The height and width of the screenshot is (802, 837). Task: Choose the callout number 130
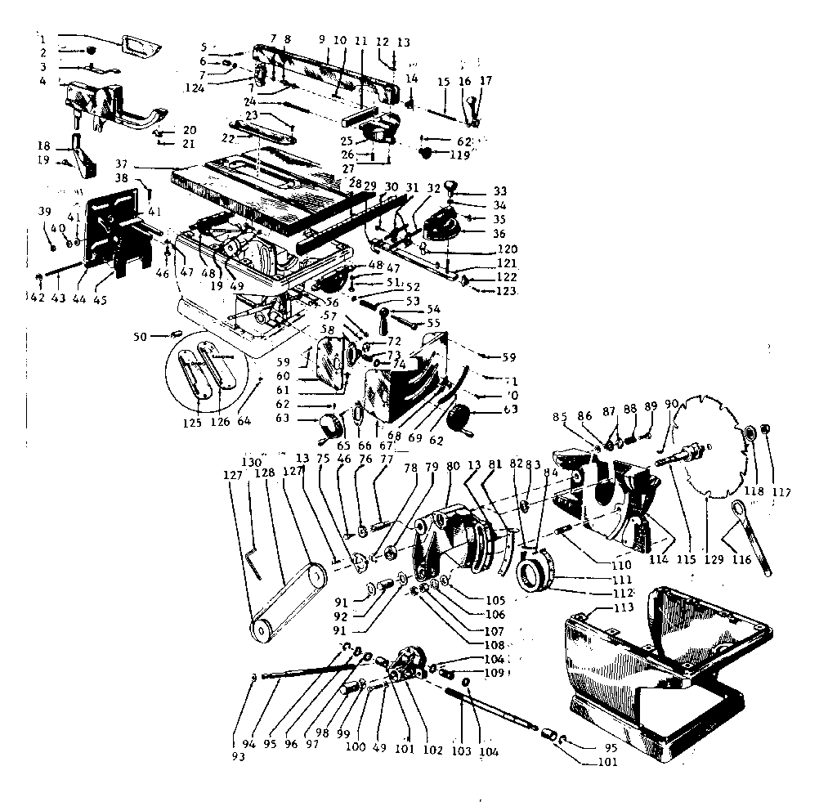[252, 462]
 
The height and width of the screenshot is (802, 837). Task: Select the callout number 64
[244, 421]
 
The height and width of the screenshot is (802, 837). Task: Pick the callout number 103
[462, 750]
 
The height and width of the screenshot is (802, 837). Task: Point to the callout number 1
[42, 38]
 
